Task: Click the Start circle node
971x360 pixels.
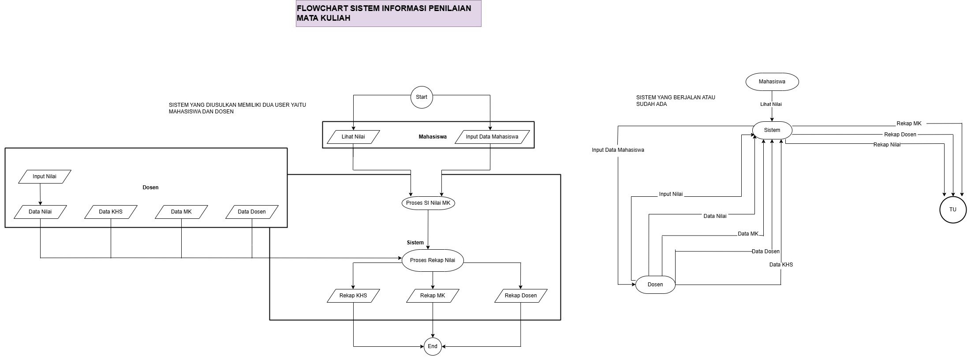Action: click(x=421, y=97)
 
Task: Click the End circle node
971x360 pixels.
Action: click(x=432, y=346)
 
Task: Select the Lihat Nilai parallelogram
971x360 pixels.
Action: click(x=353, y=137)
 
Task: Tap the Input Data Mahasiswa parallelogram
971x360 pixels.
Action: click(x=492, y=137)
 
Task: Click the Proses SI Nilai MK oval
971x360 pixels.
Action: click(x=428, y=203)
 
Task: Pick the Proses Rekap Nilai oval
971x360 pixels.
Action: click(x=432, y=260)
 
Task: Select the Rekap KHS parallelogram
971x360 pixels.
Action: click(x=353, y=296)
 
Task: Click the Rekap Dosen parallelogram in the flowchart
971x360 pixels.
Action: click(x=520, y=296)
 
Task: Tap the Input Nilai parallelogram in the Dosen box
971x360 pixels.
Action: click(x=44, y=176)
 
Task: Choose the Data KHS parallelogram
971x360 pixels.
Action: click(x=110, y=212)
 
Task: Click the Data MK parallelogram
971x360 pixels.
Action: click(x=181, y=212)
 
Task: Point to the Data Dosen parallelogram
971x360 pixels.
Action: click(x=251, y=212)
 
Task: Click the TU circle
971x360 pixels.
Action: click(x=952, y=210)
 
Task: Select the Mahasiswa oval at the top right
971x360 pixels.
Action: click(x=772, y=82)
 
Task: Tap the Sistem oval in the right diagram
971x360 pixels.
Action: click(x=772, y=130)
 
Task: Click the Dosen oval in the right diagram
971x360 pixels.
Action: click(x=655, y=285)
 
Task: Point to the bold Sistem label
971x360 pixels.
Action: click(x=415, y=243)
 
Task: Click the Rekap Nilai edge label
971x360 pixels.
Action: click(x=887, y=145)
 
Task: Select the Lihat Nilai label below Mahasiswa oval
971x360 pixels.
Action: click(x=771, y=105)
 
